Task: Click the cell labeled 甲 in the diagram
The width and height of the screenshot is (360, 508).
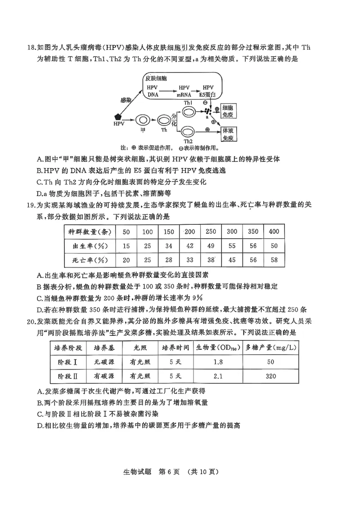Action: tap(144, 120)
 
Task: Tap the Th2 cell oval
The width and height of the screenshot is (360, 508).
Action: tap(188, 132)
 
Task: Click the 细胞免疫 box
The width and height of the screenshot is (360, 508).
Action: tap(228, 112)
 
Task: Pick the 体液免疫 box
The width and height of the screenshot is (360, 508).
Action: tap(228, 133)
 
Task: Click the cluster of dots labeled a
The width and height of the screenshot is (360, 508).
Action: tap(207, 111)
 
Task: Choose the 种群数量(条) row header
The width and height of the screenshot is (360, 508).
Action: tap(89, 232)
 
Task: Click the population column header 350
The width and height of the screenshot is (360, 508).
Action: tap(253, 231)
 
